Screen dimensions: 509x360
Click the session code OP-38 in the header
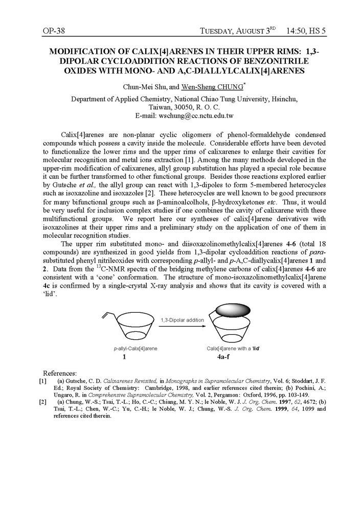(54, 31)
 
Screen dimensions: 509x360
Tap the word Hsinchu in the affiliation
(284, 99)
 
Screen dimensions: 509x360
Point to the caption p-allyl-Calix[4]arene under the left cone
(136, 348)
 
